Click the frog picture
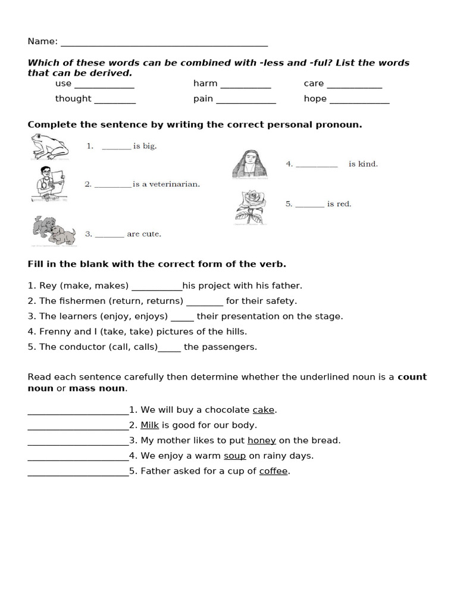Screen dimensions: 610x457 [x=50, y=147]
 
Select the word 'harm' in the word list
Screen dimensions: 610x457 [x=205, y=83]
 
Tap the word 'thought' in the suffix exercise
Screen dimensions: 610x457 [x=73, y=99]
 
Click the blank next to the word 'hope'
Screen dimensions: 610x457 [x=359, y=100]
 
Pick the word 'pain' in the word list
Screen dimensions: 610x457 [x=203, y=99]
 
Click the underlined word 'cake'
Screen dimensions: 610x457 [x=264, y=410]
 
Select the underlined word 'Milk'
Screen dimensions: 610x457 [x=150, y=425]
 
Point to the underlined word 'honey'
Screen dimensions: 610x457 [x=261, y=441]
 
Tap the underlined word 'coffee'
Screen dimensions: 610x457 [x=273, y=471]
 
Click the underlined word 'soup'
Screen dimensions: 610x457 [x=234, y=456]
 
